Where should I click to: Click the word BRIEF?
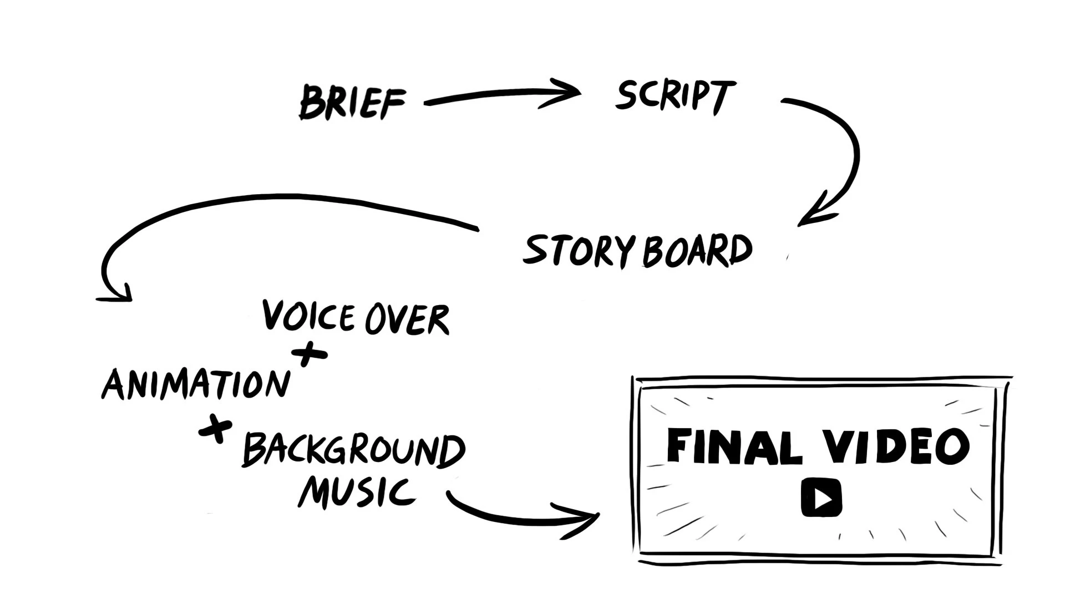click(353, 103)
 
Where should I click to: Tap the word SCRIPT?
click(675, 97)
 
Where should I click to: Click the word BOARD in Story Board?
click(697, 252)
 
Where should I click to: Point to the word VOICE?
click(308, 316)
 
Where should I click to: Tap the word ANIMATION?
click(196, 384)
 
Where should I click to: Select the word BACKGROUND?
click(354, 450)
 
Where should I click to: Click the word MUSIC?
click(357, 493)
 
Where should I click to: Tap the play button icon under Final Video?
click(821, 499)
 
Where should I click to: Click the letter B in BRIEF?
click(311, 103)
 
